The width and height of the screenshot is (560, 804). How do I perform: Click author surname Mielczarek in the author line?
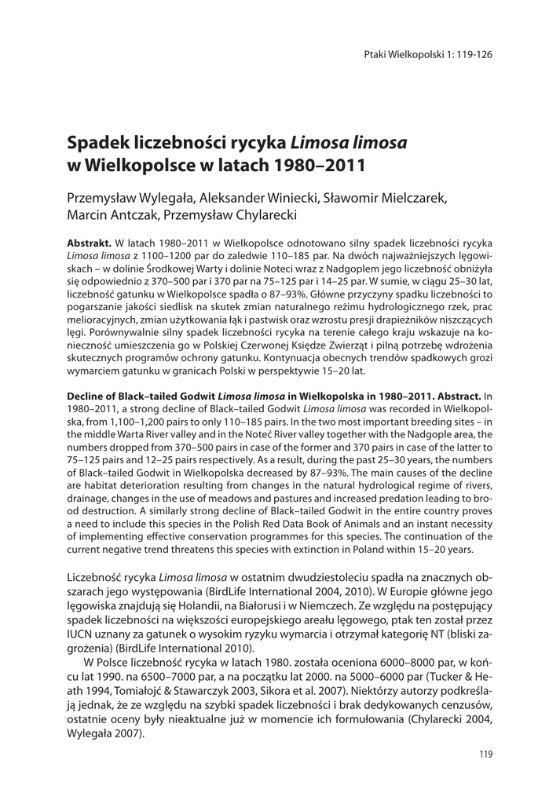pos(412,198)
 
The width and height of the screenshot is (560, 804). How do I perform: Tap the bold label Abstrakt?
pos(89,244)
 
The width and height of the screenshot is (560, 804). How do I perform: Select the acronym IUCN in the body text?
pos(81,635)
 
